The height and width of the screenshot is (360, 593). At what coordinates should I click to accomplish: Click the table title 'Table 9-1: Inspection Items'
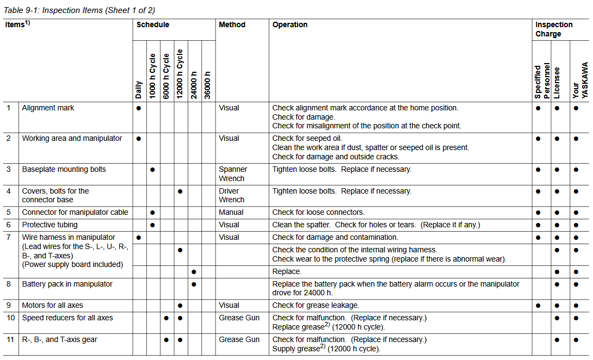pyautogui.click(x=78, y=10)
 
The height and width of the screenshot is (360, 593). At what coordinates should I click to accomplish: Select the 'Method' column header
pyautogui.click(x=232, y=25)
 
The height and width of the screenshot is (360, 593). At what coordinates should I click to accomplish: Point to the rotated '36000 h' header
pyautogui.click(x=207, y=85)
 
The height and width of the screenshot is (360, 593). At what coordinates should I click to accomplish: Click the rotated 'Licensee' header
pyautogui.click(x=557, y=83)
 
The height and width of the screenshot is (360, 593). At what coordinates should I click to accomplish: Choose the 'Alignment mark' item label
pyautogui.click(x=48, y=108)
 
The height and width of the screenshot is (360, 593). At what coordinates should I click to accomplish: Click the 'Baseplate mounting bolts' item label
pyautogui.click(x=64, y=169)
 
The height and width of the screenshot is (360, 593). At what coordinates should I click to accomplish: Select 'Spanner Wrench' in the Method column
pyautogui.click(x=232, y=174)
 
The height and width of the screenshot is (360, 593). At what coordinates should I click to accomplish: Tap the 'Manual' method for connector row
pyautogui.click(x=231, y=212)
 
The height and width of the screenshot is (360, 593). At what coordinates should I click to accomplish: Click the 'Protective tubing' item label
pyautogui.click(x=50, y=225)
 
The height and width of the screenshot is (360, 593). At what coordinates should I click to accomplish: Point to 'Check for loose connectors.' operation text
pyautogui.click(x=318, y=212)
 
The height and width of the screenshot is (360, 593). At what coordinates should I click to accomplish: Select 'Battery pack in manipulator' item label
pyautogui.click(x=67, y=284)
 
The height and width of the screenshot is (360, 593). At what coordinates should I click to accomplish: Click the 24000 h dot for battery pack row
pyautogui.click(x=194, y=284)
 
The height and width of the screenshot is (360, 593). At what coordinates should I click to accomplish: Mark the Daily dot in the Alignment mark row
pyautogui.click(x=139, y=108)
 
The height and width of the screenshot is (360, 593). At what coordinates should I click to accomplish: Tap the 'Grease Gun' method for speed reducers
pyautogui.click(x=239, y=318)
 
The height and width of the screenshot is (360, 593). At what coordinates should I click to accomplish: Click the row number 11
pyautogui.click(x=11, y=339)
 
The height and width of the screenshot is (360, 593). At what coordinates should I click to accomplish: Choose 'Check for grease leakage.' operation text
pyautogui.click(x=316, y=305)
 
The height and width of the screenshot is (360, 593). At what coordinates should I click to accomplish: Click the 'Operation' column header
pyautogui.click(x=289, y=25)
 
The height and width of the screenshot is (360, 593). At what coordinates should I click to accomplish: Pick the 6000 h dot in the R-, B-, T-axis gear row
pyautogui.click(x=166, y=340)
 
